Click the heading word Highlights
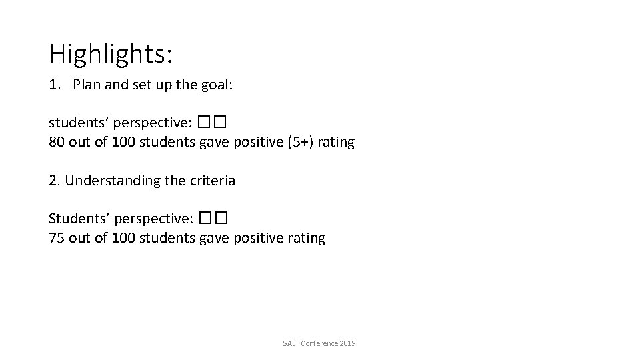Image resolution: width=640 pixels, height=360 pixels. coord(110,54)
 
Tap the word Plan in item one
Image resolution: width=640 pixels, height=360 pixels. coord(85,85)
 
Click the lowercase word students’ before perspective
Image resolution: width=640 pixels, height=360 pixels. coord(76,123)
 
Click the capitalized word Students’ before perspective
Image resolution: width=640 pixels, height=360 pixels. coord(76,219)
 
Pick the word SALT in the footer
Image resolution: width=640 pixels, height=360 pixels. coord(291,343)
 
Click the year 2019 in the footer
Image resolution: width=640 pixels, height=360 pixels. coord(347,343)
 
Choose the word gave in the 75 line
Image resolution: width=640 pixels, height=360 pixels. coord(215,238)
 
